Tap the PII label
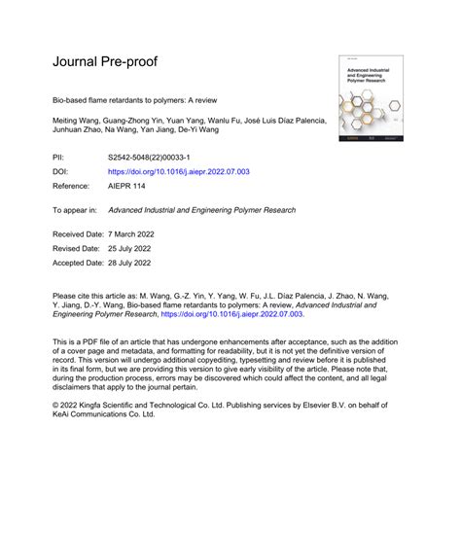(57, 156)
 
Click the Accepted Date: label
(76, 263)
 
